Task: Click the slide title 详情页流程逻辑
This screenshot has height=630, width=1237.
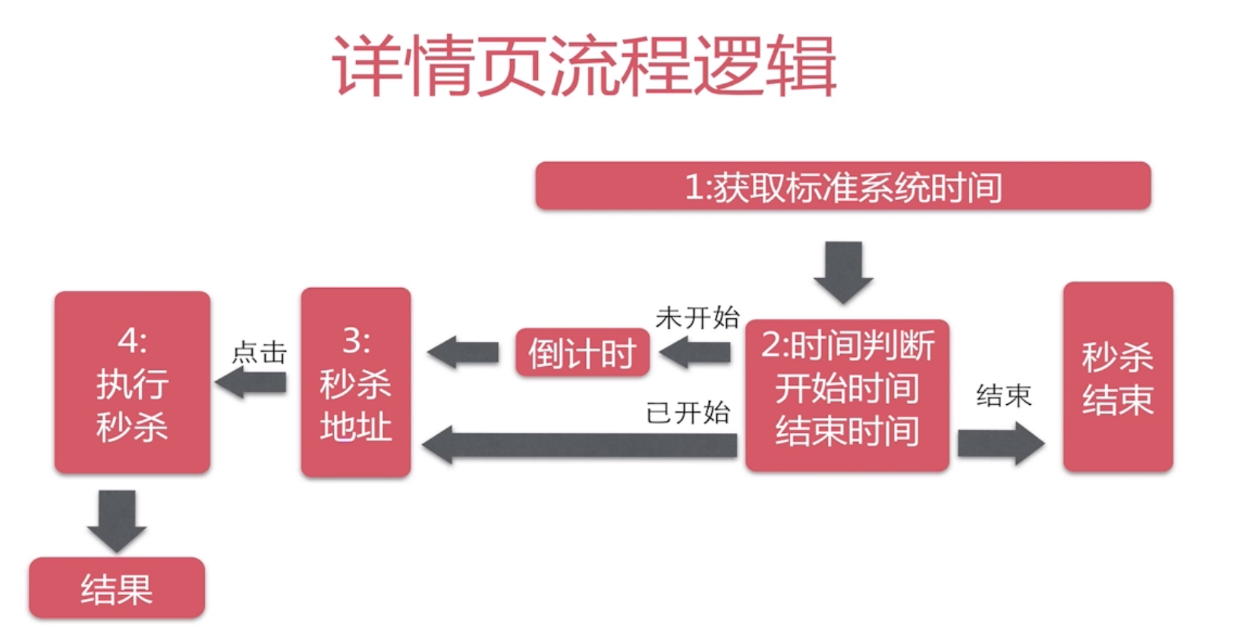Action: [584, 67]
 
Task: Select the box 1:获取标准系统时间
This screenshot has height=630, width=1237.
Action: [842, 186]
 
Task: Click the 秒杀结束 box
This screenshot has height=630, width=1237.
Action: [1117, 378]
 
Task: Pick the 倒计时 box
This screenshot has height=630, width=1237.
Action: [582, 353]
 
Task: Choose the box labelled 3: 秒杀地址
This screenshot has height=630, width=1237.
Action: [355, 382]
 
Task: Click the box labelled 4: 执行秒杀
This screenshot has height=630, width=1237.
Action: [132, 382]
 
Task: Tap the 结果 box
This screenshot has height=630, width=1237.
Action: [117, 588]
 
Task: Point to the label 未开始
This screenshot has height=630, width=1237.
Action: [697, 317]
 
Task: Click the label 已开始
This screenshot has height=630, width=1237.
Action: [688, 412]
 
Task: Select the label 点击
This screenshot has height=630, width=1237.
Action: [259, 353]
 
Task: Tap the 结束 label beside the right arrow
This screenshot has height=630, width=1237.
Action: [1003, 395]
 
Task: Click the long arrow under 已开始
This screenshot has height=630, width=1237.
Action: [580, 445]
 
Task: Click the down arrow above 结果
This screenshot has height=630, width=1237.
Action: [117, 520]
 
